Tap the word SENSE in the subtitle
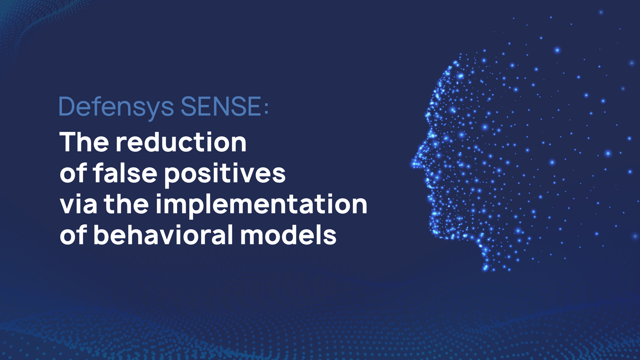point(221,106)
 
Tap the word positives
point(225,174)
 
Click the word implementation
point(261,205)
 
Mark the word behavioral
point(163,235)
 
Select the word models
point(288,235)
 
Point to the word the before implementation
point(126,204)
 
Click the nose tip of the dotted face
point(413,163)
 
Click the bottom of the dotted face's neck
point(485,268)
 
